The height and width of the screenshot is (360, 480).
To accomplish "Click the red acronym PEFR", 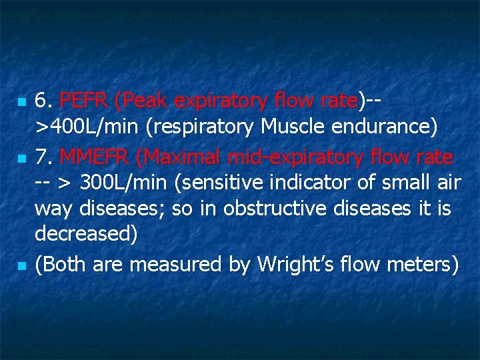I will (84, 101).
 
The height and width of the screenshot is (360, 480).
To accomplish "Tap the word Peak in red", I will (140, 101).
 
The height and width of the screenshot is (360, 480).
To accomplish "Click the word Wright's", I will (295, 265).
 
